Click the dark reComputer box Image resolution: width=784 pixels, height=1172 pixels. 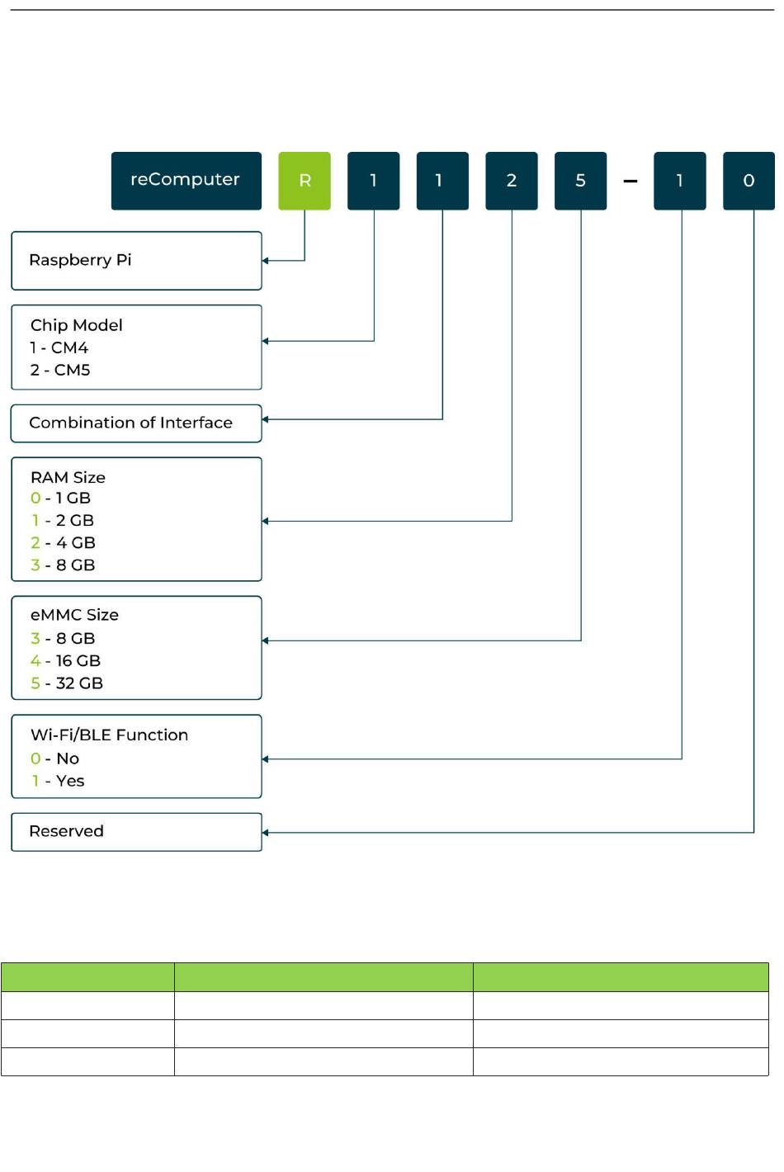(x=187, y=181)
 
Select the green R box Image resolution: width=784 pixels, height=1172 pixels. (x=305, y=181)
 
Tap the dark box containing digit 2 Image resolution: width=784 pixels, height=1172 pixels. (x=512, y=181)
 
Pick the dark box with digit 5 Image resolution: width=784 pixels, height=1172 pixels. (x=580, y=181)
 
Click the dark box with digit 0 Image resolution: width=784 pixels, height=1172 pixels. (x=749, y=181)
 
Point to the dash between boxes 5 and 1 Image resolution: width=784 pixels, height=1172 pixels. (x=631, y=182)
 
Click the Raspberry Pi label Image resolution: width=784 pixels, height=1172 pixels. (x=80, y=261)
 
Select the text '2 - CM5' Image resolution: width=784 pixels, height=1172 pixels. (x=60, y=370)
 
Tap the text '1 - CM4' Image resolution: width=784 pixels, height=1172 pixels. (x=59, y=347)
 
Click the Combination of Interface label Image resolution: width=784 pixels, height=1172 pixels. (x=130, y=423)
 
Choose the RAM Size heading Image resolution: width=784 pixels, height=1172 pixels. (x=68, y=477)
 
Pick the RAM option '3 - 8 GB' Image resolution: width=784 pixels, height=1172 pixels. (x=63, y=565)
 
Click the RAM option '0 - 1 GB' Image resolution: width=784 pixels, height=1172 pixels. (x=61, y=498)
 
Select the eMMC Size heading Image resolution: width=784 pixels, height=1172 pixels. (x=74, y=615)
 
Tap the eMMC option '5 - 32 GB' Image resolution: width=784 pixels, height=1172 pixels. (x=67, y=683)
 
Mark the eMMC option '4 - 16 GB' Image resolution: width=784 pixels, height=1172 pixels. (x=65, y=660)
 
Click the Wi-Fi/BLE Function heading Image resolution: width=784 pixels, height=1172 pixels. (x=109, y=735)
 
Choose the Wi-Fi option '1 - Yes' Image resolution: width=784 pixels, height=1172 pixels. (x=58, y=781)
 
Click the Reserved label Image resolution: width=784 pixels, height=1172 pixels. (x=66, y=831)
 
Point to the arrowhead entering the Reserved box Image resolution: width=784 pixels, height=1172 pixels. (x=265, y=833)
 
